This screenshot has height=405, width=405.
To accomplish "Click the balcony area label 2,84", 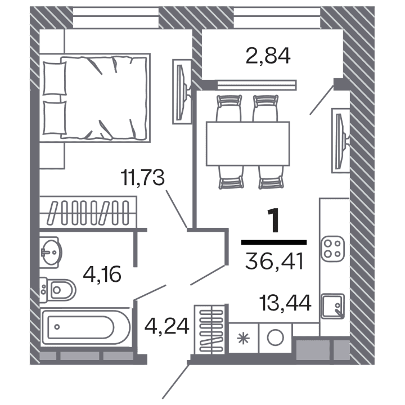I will coord(268,56).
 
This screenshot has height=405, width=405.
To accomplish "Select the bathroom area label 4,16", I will coord(102,276).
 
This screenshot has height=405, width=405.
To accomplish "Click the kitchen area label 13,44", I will coord(286,304).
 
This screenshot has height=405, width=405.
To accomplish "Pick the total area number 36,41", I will coord(274,261).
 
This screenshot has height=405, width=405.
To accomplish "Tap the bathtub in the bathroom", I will coord(84,326).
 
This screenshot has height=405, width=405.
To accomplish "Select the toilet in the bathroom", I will coord(58,290).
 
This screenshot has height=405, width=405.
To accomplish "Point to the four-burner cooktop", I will coord(332,249).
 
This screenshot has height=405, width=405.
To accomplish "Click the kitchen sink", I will coord(331,306).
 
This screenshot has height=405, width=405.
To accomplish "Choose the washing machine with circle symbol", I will coord(275,337).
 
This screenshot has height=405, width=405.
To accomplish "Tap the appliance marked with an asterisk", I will coord(243,338).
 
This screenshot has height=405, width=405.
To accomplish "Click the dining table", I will coord(247,143).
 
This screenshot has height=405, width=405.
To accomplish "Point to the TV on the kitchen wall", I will coord(339,140).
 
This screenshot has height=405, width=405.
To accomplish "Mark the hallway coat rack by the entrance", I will coord(209,329).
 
